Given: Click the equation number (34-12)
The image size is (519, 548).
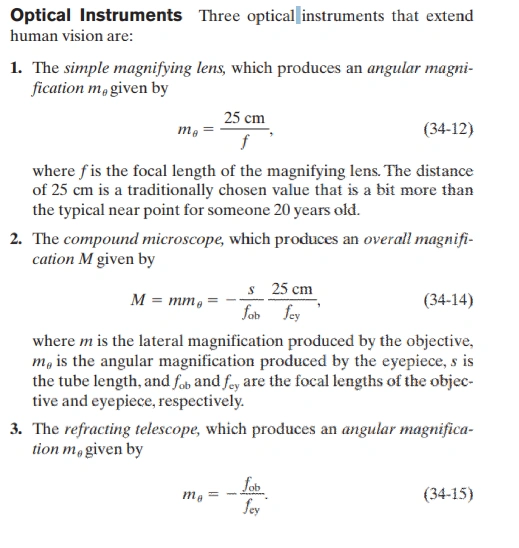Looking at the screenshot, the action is [449, 130].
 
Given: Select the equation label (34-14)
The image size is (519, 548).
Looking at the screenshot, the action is [449, 300].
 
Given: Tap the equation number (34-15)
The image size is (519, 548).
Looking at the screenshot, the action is [449, 492].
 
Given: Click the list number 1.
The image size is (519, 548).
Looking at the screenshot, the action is [17, 69].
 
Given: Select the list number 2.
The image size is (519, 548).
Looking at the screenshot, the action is [17, 240].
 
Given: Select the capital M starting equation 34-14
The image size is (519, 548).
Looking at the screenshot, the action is [140, 300].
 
